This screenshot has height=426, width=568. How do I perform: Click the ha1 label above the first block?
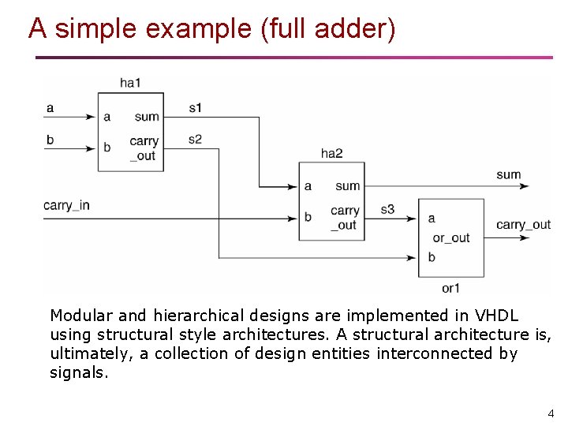pos(130,83)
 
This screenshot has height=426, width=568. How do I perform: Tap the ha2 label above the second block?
pos(331,153)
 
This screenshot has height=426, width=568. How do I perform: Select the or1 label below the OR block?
pos(450,288)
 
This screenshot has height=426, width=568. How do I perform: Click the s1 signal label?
pos(195,107)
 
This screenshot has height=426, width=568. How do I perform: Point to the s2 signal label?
pos(195,140)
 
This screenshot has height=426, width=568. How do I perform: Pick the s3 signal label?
pos(387,210)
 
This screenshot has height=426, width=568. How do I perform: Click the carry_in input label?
pos(66,205)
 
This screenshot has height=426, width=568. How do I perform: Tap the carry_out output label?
pos(523,225)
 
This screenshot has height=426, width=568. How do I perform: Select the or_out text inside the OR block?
pos(450,237)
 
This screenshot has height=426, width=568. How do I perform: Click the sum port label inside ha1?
pos(147,117)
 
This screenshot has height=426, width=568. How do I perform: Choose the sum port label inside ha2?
pos(347,186)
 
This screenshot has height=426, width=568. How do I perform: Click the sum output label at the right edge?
pos(508,174)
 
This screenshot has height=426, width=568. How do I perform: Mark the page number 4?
pos(551,413)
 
